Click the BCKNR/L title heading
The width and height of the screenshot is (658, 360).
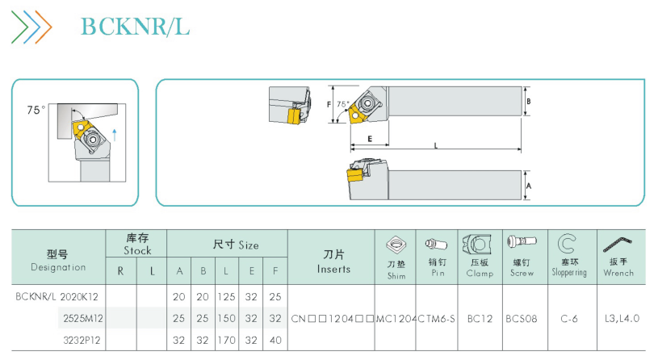(x=135, y=27)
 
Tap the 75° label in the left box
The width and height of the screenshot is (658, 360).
(x=36, y=110)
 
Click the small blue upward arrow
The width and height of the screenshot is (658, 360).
(x=115, y=135)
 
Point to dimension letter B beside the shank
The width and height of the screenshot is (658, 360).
(x=528, y=101)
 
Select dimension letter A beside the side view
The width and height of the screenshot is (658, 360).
(x=528, y=186)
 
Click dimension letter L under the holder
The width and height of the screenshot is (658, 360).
(x=436, y=145)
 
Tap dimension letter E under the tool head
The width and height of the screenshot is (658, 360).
(x=370, y=139)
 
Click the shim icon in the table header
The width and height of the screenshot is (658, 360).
(x=396, y=245)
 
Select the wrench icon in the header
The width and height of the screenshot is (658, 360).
(x=617, y=245)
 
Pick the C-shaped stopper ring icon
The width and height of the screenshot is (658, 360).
(x=567, y=243)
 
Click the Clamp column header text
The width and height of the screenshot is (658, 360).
(x=480, y=273)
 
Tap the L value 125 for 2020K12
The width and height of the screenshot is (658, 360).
(x=226, y=297)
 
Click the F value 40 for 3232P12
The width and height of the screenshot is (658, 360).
(x=275, y=340)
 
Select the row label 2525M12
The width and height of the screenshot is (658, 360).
(x=83, y=319)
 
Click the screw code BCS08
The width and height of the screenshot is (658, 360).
(x=522, y=319)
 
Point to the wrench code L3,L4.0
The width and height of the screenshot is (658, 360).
(x=622, y=319)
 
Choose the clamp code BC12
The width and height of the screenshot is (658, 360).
(x=480, y=319)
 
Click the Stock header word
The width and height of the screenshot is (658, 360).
(x=137, y=250)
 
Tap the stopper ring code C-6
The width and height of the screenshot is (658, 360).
(x=569, y=319)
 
